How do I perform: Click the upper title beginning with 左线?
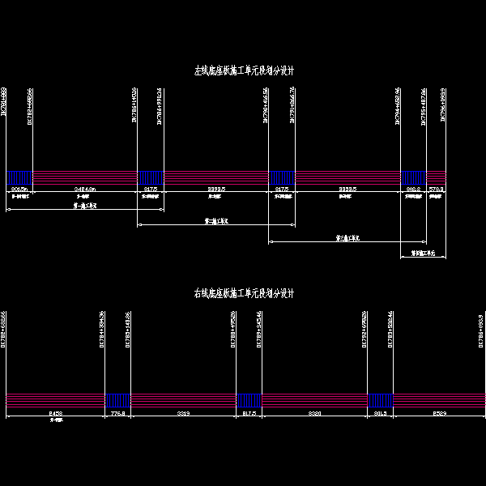(243, 70)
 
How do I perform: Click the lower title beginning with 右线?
(243, 293)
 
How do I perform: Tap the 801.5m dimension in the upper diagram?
(19, 190)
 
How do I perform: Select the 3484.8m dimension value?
(84, 190)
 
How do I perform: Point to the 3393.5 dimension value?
(216, 190)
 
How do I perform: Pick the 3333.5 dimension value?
(349, 190)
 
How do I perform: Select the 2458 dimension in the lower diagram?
(56, 413)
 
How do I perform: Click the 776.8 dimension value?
(118, 413)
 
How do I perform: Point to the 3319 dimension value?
(184, 413)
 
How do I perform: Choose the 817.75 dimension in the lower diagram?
(249, 413)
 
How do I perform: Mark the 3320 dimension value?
(315, 413)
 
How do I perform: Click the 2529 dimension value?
(439, 413)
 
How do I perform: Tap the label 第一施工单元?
(84, 207)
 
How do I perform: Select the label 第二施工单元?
(216, 220)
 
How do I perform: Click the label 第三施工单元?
(348, 238)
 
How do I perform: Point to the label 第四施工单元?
(424, 253)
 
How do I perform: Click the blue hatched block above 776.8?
(118, 400)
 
